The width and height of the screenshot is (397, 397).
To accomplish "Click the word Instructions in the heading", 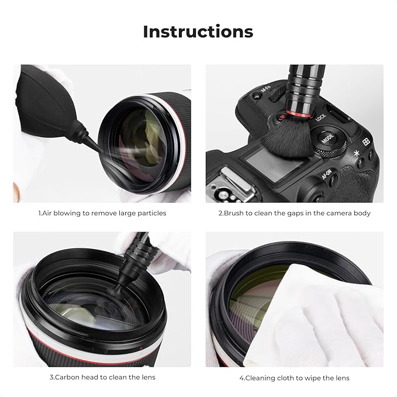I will [x=198, y=31].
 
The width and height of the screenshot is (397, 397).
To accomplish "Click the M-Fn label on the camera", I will [x=267, y=92].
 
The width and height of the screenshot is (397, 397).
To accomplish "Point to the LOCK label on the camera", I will [x=320, y=118].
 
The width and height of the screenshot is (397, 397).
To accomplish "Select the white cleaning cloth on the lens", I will [x=327, y=316].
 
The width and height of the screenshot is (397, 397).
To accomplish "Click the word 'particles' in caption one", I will [x=150, y=213].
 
